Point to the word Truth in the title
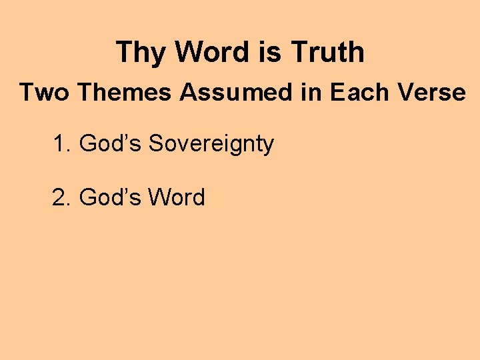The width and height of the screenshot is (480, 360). click(x=327, y=53)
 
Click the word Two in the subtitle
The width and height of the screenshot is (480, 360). click(x=44, y=93)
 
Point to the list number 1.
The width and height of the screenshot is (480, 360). click(x=61, y=143)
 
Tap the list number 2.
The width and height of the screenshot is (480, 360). click(x=61, y=197)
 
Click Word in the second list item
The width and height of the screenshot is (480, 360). click(x=177, y=197)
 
